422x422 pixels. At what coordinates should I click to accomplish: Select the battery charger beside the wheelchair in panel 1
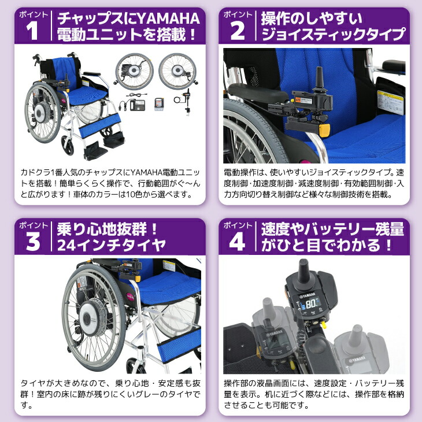142,107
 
